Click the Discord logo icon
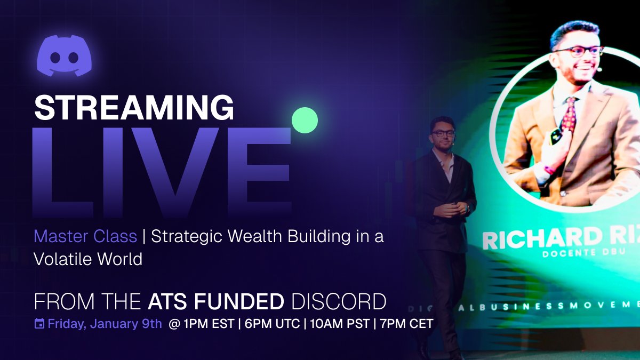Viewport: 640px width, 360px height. click(64, 55)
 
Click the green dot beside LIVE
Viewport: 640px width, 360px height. click(305, 120)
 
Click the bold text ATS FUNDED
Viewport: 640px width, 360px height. click(216, 302)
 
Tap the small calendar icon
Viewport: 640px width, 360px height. click(39, 323)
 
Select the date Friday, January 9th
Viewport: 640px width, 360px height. click(105, 323)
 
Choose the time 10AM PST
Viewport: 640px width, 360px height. click(338, 323)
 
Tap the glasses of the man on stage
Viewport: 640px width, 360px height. click(443, 133)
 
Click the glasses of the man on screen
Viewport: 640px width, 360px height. click(578, 51)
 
